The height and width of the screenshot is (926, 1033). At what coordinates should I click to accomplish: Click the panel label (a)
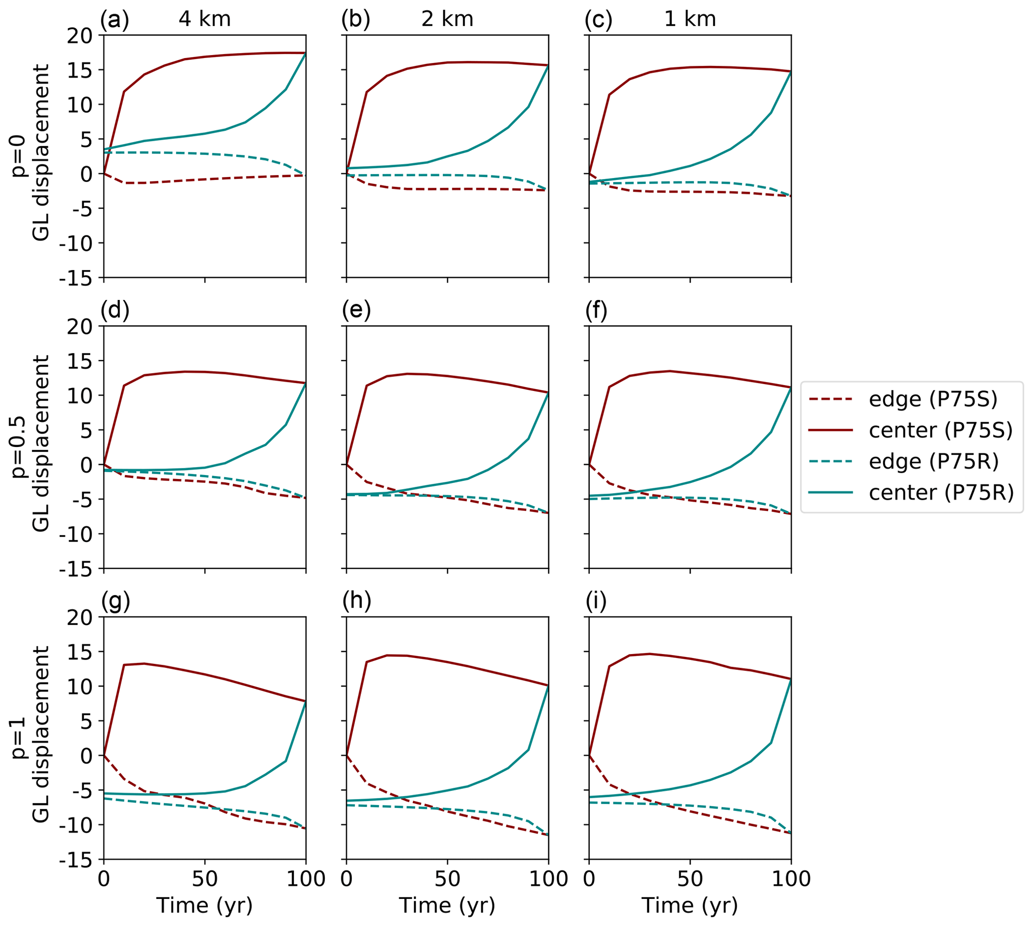coord(114,19)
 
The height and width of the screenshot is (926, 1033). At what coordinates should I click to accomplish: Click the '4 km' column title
coord(204,19)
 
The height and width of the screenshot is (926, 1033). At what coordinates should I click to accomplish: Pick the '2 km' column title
coord(447,19)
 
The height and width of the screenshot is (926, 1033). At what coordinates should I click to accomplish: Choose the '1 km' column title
coord(690,19)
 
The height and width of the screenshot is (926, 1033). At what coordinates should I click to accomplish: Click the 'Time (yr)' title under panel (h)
coord(447,905)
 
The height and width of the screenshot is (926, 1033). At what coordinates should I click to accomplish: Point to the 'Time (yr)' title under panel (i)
coord(690,905)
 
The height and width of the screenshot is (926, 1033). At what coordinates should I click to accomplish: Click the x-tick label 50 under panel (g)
coord(204,878)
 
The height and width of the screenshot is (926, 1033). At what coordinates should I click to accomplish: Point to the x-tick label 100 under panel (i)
coord(791,878)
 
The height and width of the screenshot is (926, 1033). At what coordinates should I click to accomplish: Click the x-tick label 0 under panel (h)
coord(346,878)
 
